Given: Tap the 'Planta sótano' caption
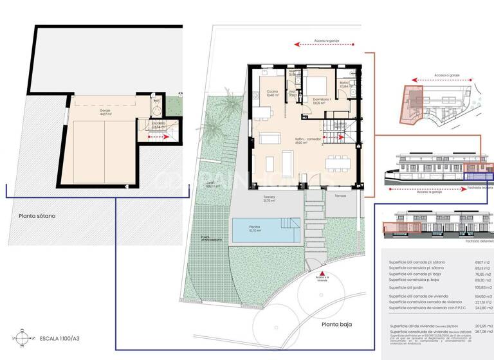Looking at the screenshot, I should point(37,216).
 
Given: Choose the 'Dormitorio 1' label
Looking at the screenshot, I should point(321,102).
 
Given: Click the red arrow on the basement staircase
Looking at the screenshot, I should point(158,136).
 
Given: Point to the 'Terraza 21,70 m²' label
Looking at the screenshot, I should point(269,199).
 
